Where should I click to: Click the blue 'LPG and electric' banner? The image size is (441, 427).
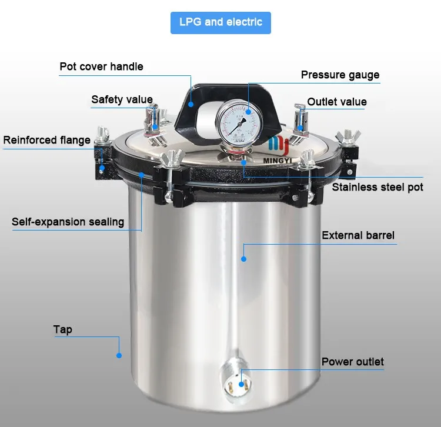coord(220,22)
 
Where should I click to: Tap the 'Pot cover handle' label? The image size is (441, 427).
coord(101,66)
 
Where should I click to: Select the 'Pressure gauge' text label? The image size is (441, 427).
coord(340,75)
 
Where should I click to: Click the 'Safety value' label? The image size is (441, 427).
coord(122,99)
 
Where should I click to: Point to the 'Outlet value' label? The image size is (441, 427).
coord(337,102)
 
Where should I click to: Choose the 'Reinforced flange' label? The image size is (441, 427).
coord(47,140)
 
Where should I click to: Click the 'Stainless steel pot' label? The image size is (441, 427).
coord(377,188)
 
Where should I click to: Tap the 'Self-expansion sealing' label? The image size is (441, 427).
coord(68,222)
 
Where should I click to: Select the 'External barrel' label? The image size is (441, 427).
coord(358,235)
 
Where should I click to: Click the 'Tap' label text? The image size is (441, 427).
coord(63,329)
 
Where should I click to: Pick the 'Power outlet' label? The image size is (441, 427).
coord(352,361)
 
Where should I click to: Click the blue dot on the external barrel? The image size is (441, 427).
coord(243,258)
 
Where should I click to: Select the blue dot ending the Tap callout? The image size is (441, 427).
coord(118,355)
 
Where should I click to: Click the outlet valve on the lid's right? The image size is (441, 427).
coord(300,119)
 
